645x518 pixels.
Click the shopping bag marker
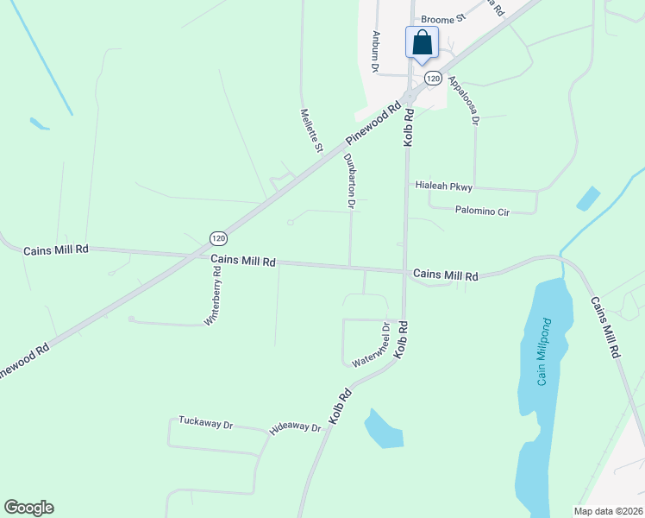(422, 42)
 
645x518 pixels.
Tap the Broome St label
(442, 17)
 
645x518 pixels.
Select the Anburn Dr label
(376, 51)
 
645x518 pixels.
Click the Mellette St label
(310, 130)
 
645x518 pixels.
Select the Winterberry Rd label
(213, 294)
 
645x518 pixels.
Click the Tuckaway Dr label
(206, 423)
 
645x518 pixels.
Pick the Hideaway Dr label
(295, 429)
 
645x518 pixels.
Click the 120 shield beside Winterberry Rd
(218, 237)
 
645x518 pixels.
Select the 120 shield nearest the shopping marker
(434, 79)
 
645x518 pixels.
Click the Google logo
(29, 508)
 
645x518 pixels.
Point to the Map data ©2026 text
(608, 511)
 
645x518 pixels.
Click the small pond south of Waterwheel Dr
(383, 429)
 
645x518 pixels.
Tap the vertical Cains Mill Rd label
(605, 328)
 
